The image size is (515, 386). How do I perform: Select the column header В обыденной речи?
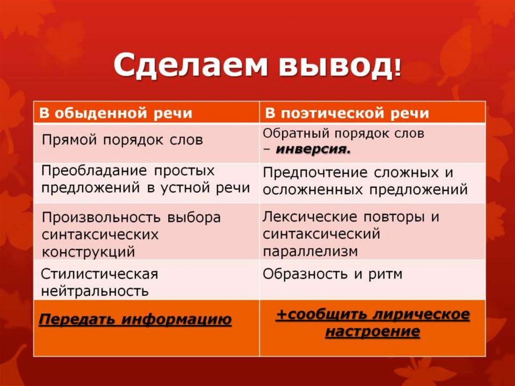click(116, 113)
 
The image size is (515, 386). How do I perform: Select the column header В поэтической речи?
click(347, 113)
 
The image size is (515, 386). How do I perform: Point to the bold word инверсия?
click(313, 149)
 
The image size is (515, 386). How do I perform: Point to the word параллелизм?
click(310, 251)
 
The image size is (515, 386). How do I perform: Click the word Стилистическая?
click(99, 274)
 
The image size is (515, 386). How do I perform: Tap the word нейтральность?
click(95, 291)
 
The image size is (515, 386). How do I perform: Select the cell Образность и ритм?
click(332, 274)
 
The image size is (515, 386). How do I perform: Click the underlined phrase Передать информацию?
click(135, 319)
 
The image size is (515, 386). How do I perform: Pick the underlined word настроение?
click(372, 332)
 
